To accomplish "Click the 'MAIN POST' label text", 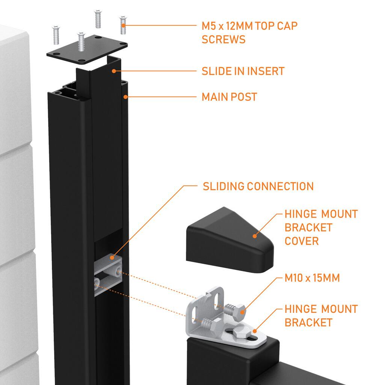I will tap(229, 97).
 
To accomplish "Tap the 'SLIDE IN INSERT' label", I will tap(243, 71).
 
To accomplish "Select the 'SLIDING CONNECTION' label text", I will tap(258, 186).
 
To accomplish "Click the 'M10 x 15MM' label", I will tap(312, 278).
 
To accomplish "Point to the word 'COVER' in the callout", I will tap(302, 241).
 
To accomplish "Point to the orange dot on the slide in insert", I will tap(113, 71).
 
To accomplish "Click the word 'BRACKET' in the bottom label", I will tap(308, 323).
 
